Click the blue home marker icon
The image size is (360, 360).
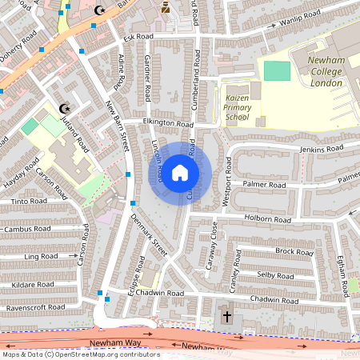tap(180, 172)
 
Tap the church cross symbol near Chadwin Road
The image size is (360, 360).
tap(226, 318)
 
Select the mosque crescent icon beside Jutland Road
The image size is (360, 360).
tap(66, 109)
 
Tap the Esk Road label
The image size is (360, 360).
tap(138, 37)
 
